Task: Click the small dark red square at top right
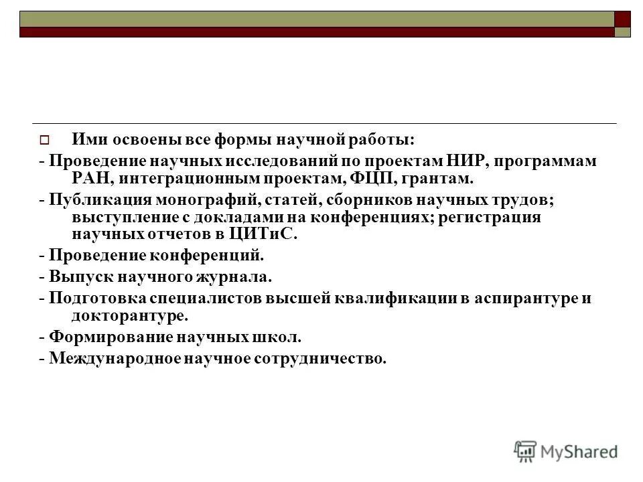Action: [x=623, y=19]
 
